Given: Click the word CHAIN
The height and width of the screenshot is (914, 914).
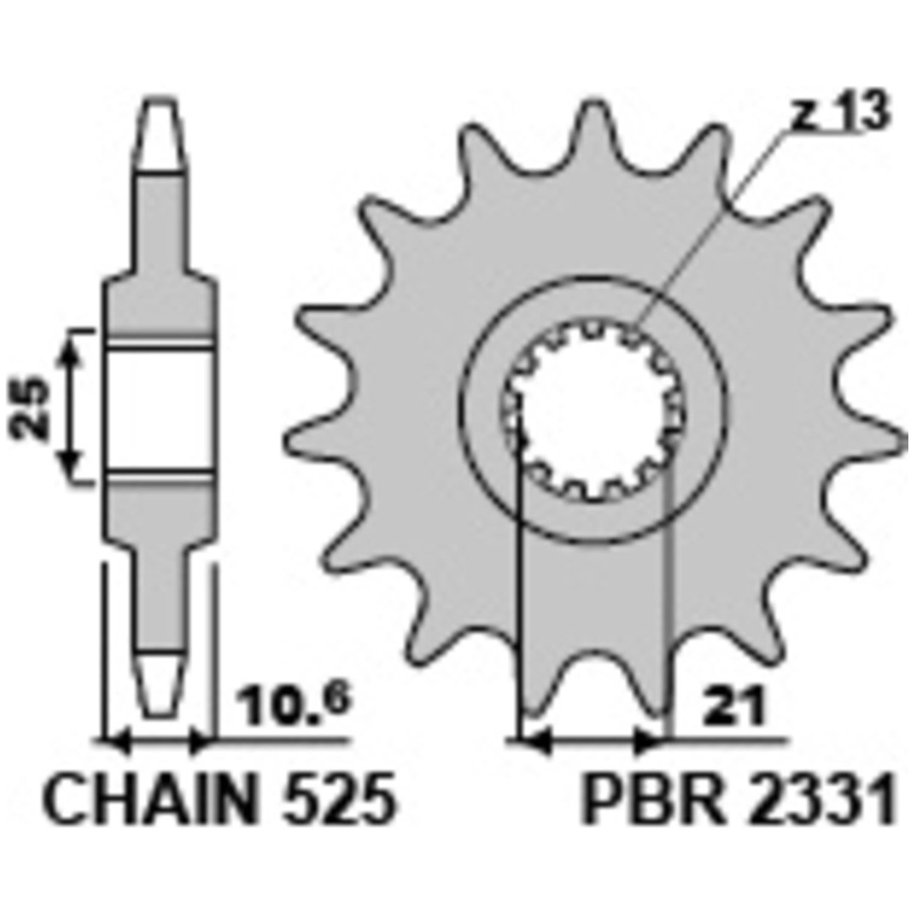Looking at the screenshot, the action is pos(147,799).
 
